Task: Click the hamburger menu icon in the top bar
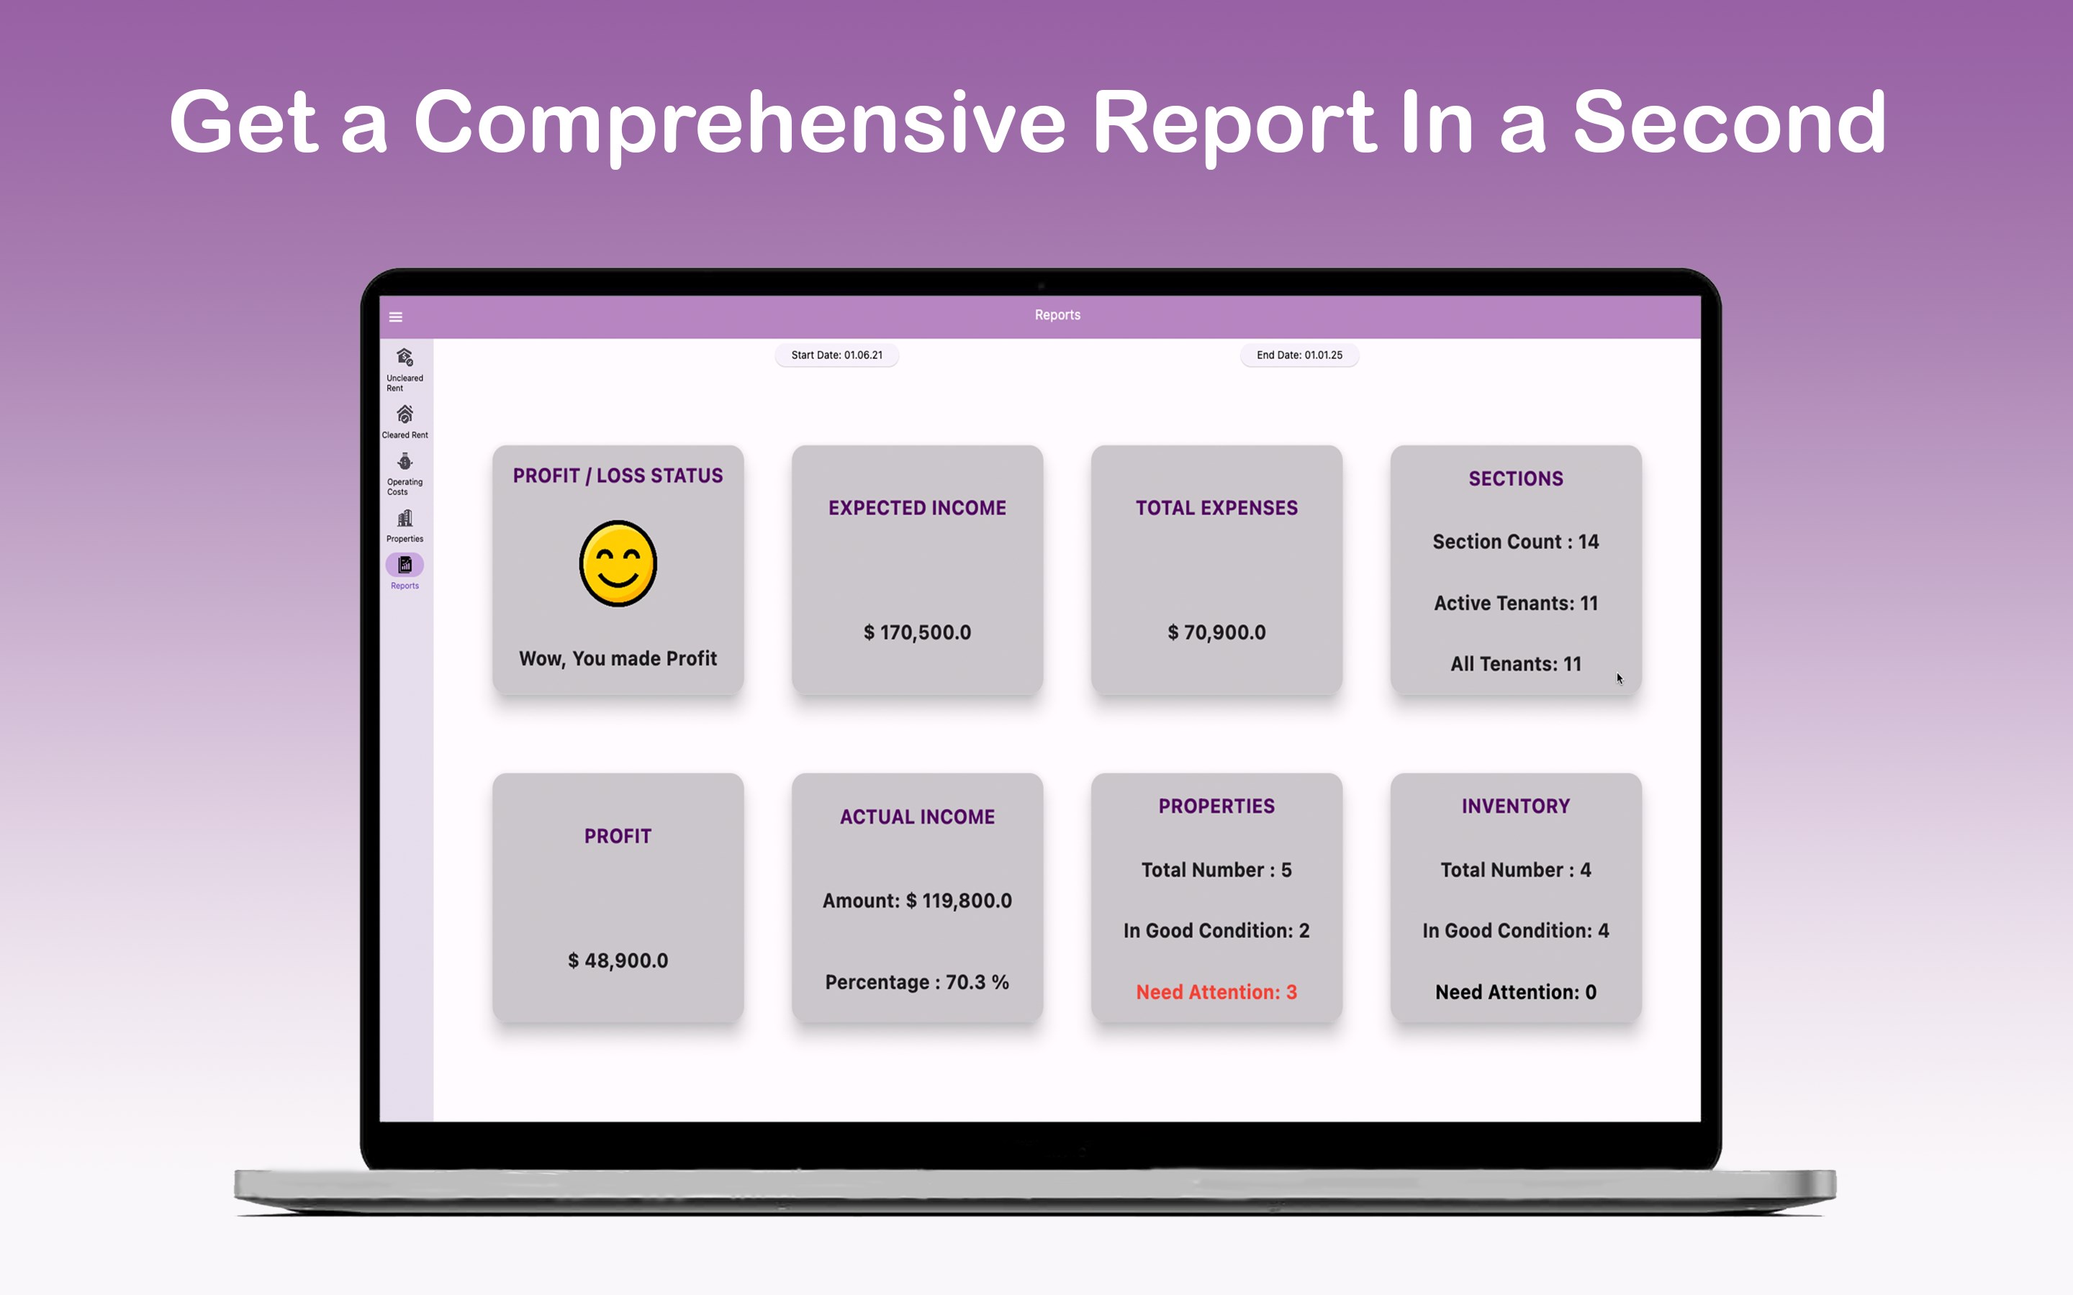(x=396, y=317)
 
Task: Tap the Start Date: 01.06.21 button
(x=837, y=355)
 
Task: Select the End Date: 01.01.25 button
(x=1299, y=355)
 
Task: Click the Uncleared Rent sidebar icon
(x=405, y=357)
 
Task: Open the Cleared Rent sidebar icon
(x=405, y=414)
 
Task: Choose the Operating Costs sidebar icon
(x=405, y=462)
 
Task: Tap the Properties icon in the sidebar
(x=405, y=518)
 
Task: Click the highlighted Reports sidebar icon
(x=405, y=565)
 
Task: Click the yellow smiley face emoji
(x=618, y=563)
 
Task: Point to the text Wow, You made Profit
(x=618, y=658)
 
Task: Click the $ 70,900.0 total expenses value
(x=1216, y=633)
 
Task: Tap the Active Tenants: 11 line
(x=1516, y=604)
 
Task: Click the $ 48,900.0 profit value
(x=618, y=961)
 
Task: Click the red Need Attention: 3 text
(x=1216, y=993)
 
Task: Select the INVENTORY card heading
(x=1516, y=806)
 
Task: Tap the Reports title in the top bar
(x=1058, y=315)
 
